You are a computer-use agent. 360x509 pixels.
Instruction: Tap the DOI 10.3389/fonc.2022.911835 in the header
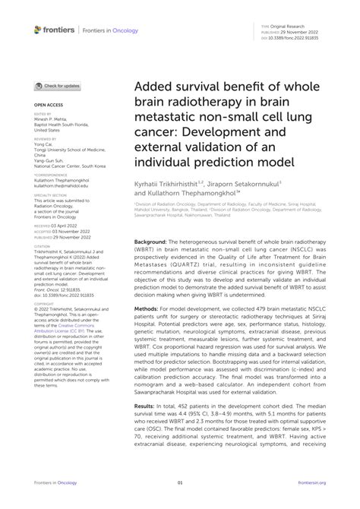[x=311, y=36]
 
